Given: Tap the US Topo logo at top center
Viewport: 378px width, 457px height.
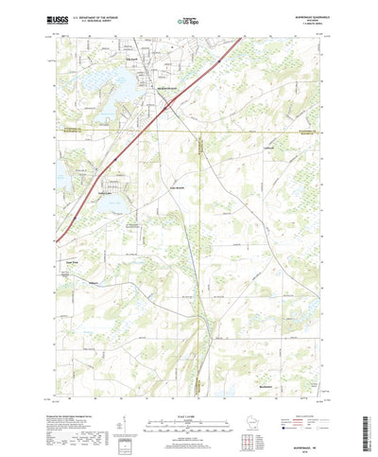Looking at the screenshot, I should (189, 18).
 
